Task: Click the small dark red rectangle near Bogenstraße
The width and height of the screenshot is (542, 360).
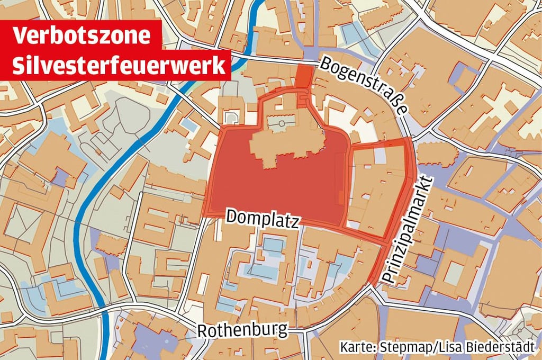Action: pyautogui.click(x=304, y=75)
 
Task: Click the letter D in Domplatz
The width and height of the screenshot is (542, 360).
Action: pyautogui.click(x=231, y=216)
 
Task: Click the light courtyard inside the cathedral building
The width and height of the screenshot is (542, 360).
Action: pyautogui.click(x=281, y=125)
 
